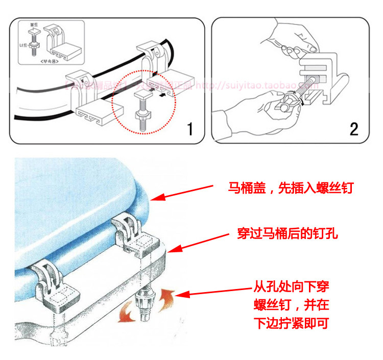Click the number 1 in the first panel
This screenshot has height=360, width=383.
point(189,128)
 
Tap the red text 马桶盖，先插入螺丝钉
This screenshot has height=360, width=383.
point(291,188)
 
